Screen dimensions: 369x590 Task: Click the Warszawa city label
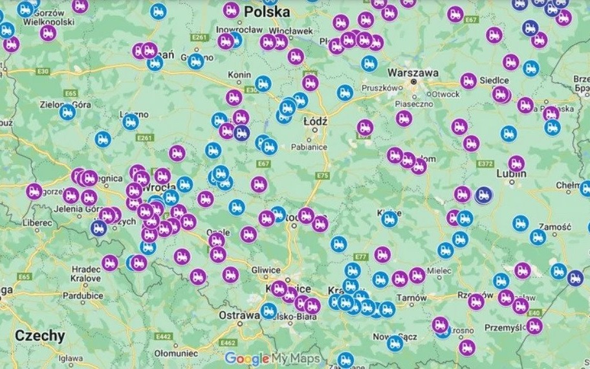pos(412,73)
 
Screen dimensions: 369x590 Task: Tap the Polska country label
pos(267,12)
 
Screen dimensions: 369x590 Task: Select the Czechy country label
pos(40,335)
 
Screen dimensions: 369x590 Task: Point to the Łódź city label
pos(315,121)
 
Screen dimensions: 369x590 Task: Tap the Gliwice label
pos(267,270)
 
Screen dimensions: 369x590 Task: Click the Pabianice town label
pos(309,147)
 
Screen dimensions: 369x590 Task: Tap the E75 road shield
pos(323,175)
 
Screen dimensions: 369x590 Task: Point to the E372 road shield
pos(486,164)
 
